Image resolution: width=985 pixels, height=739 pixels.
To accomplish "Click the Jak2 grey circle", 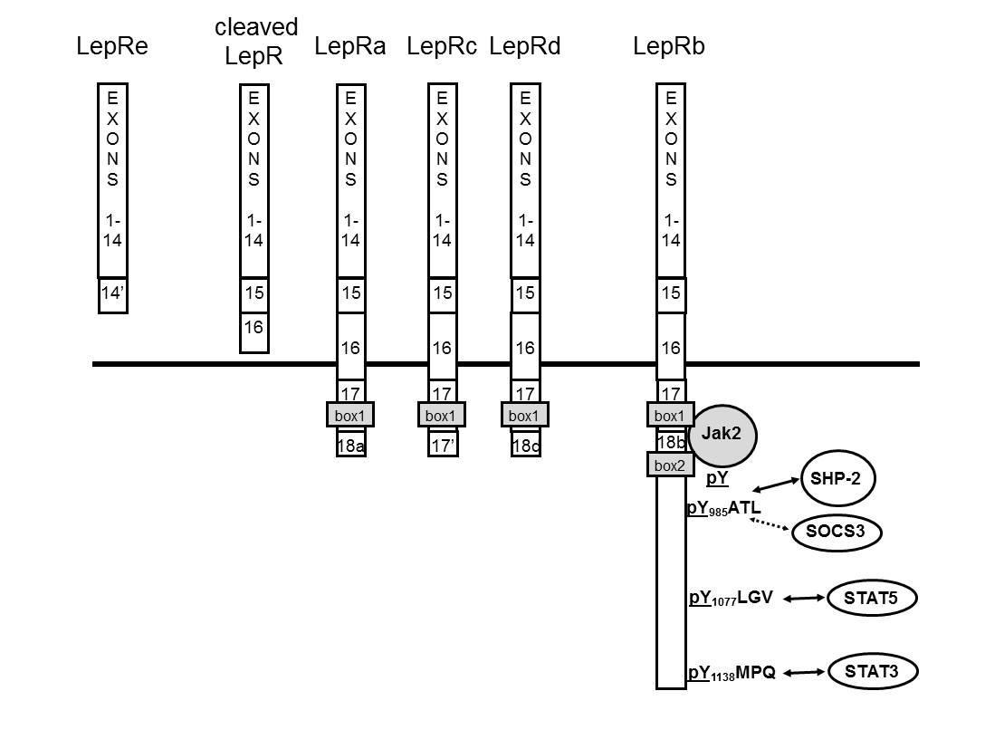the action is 722,436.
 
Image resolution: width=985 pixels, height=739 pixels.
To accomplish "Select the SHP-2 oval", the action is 838,478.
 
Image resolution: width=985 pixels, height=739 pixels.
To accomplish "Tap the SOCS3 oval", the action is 836,532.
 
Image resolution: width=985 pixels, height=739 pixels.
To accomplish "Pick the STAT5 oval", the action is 872,598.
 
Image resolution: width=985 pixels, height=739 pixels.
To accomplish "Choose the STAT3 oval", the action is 873,671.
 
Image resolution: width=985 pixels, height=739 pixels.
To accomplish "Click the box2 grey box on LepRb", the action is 670,465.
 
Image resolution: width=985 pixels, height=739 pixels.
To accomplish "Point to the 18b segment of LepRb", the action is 671,442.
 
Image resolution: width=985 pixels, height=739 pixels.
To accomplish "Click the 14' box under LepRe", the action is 113,294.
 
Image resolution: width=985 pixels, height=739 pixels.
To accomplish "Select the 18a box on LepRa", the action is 350,444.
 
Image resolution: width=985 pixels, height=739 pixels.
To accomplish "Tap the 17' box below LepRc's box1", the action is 442,444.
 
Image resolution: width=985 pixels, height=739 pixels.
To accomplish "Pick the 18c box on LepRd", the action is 525,444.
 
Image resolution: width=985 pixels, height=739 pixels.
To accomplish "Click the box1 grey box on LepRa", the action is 349,415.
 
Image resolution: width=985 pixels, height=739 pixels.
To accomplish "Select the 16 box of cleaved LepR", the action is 254,332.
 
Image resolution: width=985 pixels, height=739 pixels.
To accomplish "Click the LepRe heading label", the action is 112,46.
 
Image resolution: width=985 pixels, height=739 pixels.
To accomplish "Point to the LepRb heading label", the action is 669,46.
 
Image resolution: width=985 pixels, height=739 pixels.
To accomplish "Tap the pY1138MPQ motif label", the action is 732,673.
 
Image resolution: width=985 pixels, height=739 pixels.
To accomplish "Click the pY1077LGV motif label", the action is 731,598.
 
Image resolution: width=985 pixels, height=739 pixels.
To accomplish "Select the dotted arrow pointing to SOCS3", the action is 770,524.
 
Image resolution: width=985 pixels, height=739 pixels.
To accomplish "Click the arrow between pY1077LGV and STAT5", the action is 804,599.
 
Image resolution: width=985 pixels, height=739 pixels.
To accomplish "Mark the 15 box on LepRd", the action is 525,293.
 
